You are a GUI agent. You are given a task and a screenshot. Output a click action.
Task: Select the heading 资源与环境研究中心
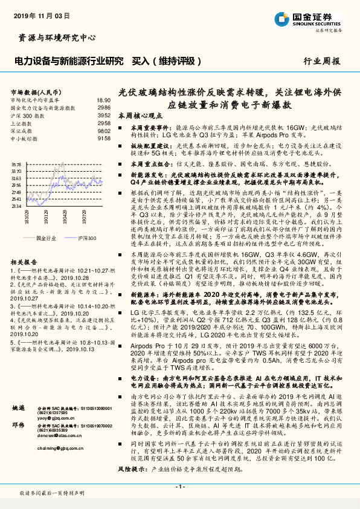point(57,37)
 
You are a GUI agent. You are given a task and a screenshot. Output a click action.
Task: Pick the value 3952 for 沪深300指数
point(104,115)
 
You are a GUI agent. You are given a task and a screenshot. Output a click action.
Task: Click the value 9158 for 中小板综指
point(104,137)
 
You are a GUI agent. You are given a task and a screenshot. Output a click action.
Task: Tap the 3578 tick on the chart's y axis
point(16,164)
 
